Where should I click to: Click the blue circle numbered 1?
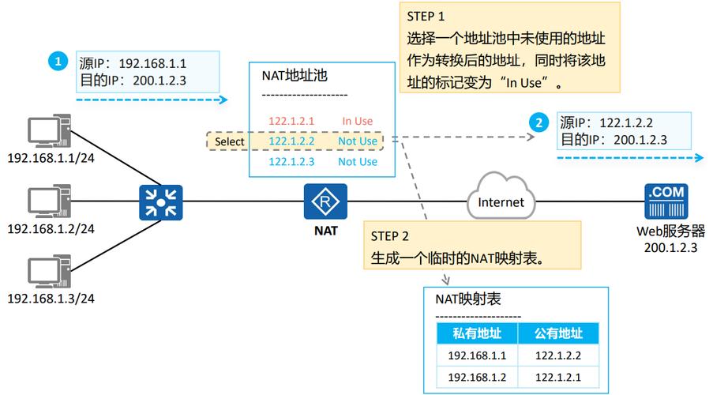click(56, 61)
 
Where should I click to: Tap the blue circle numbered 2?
click(539, 122)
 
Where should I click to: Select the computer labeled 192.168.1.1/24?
click(48, 132)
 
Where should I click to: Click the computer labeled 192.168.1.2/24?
click(48, 202)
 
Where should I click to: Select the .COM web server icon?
click(666, 201)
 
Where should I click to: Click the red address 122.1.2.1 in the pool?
click(291, 121)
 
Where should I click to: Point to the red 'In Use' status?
click(357, 121)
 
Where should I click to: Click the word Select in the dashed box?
click(230, 141)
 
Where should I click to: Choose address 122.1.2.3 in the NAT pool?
click(291, 161)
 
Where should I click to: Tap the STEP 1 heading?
click(426, 16)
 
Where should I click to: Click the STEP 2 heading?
click(390, 235)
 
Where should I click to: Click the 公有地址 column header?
click(558, 333)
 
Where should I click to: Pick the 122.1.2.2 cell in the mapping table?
click(558, 355)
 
